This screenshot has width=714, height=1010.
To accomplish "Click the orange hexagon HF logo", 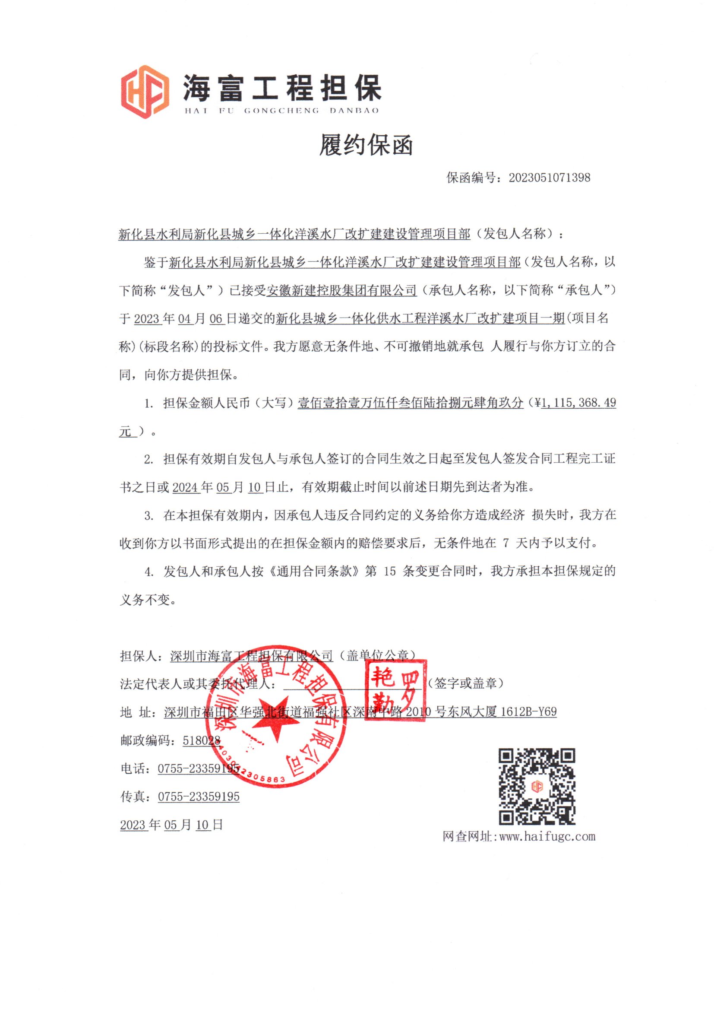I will tap(145, 92).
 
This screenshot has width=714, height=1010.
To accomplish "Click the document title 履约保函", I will tap(366, 145).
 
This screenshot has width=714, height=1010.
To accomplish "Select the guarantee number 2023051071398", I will tap(549, 178).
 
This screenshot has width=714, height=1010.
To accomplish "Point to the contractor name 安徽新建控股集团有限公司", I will tap(341, 290).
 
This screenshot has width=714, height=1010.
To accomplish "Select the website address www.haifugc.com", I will tap(547, 836).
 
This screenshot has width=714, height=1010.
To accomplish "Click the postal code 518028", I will tap(201, 740).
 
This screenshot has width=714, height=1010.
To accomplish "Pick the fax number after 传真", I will tap(199, 797).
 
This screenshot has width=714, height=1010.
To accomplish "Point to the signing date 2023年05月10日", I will tap(171, 825).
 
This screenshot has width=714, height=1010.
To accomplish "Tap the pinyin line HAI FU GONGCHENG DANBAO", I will tap(281, 111).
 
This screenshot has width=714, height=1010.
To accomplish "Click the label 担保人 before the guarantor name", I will tap(138, 656).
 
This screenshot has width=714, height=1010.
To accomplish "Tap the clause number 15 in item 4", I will tap(389, 572).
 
